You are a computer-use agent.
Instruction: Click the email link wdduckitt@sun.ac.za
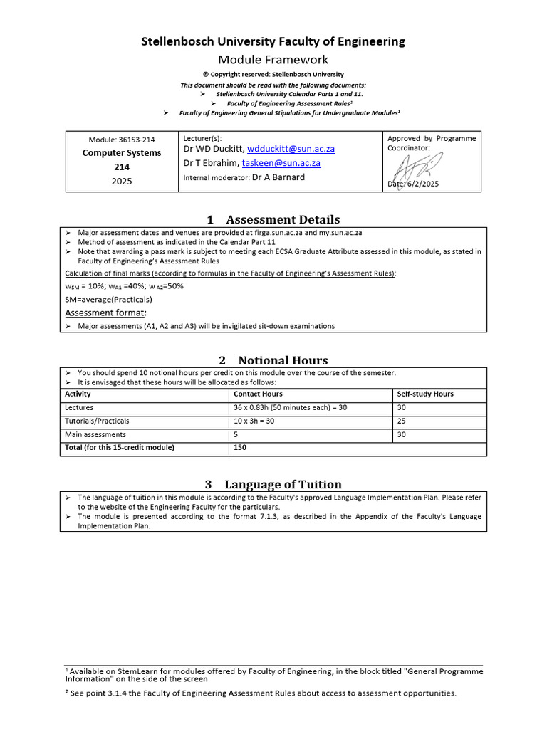291,149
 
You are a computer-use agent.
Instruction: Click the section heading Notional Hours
283,360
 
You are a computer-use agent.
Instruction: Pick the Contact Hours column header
258,394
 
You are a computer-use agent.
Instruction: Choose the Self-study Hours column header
425,394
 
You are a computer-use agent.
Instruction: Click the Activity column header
78,394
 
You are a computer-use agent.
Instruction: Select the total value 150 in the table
240,448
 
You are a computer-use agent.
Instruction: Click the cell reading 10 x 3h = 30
254,421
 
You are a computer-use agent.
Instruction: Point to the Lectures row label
79,408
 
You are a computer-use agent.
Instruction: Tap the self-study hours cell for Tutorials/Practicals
402,421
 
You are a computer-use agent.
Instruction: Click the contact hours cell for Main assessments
236,434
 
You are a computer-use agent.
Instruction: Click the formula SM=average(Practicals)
108,300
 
